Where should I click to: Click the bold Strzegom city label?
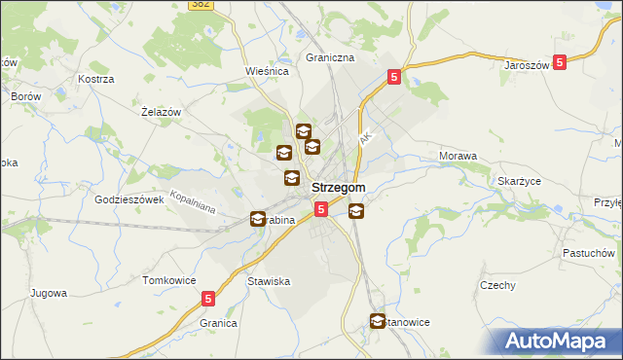339,188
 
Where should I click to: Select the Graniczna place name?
330,57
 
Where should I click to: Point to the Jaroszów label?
528,65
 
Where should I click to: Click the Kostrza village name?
96,78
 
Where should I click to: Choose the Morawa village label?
458,156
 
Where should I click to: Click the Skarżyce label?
519,182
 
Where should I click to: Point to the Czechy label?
496,285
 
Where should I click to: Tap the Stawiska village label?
269,281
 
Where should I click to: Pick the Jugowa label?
48,292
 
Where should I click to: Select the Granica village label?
219,322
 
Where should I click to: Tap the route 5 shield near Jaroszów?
560,61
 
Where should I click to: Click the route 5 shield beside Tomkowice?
208,301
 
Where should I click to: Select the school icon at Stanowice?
378,321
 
